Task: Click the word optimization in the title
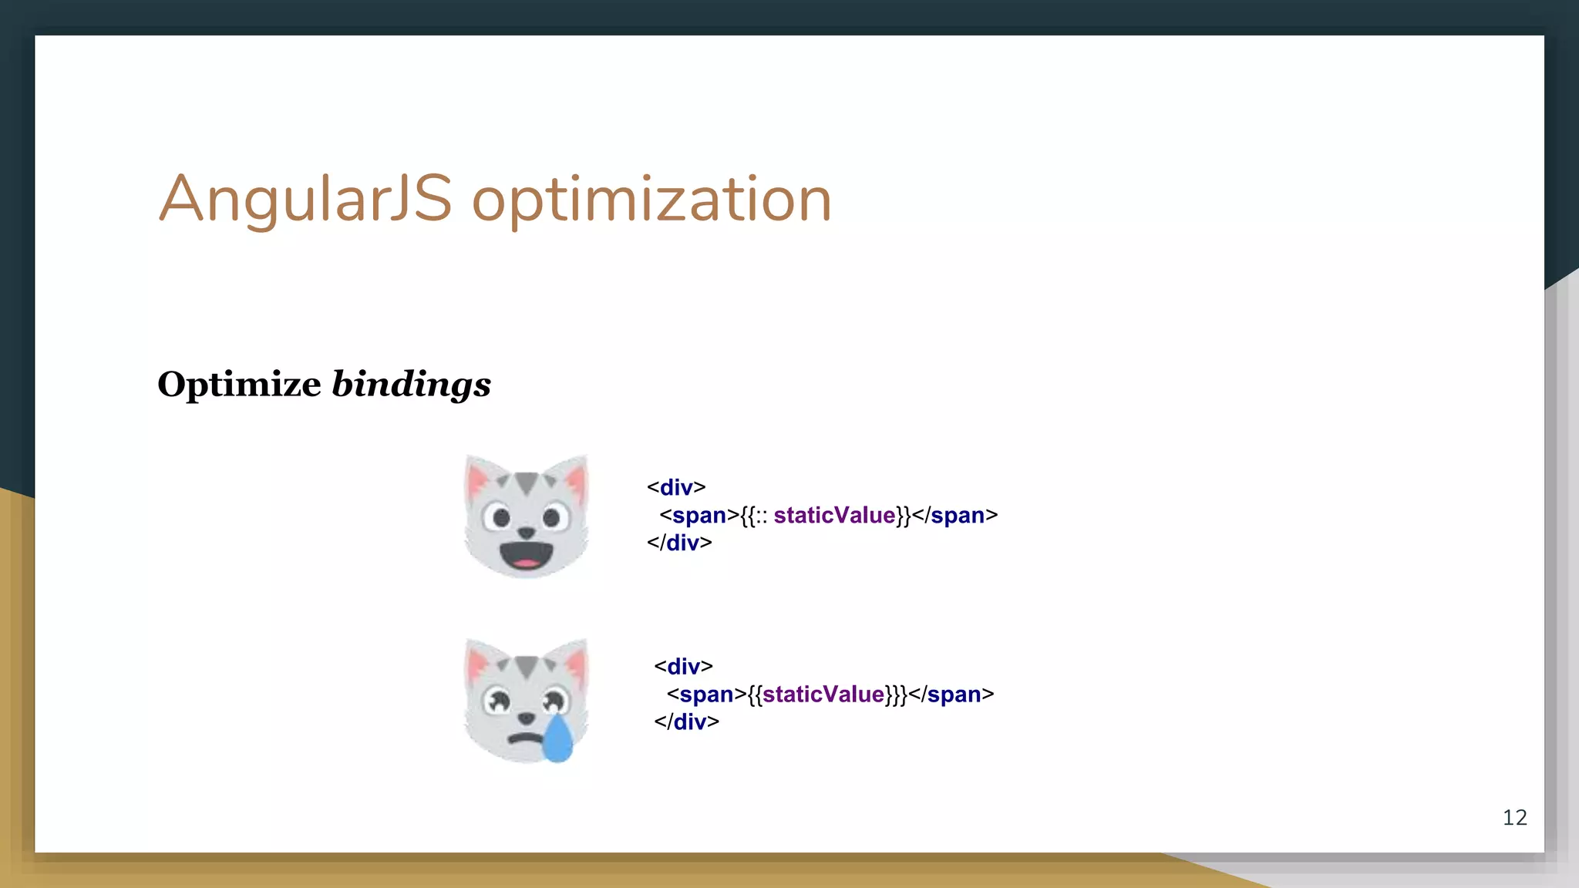(651, 200)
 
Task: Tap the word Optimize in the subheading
(239, 384)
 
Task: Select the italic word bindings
(411, 384)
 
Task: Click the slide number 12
(1514, 817)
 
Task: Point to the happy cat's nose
(527, 532)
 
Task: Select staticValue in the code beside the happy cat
(834, 515)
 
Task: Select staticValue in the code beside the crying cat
(823, 694)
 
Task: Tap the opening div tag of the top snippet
(676, 487)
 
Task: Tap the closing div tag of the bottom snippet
(686, 721)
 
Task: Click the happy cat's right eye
(552, 517)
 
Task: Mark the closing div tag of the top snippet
(679, 543)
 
